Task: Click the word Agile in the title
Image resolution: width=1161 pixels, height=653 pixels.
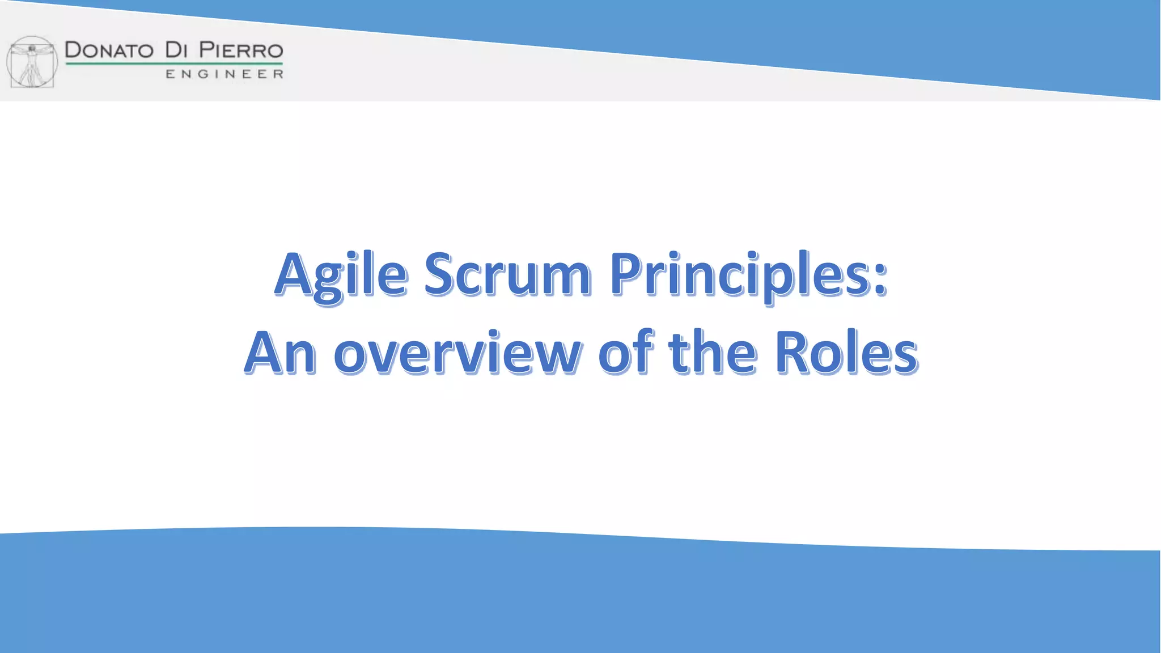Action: coord(341,275)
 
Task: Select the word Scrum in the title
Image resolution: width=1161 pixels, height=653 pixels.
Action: coord(507,275)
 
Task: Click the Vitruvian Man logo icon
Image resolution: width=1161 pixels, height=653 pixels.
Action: coord(32,62)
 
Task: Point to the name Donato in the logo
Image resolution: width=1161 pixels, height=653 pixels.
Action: coord(109,50)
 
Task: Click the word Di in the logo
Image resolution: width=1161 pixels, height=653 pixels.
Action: coord(176,50)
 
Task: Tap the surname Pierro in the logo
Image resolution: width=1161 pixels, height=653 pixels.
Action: coord(241,50)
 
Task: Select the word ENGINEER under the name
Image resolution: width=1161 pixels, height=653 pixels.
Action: coord(224,74)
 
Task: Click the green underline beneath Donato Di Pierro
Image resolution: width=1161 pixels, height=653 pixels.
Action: coord(173,63)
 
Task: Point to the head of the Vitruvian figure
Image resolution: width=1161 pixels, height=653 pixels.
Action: coord(32,48)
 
